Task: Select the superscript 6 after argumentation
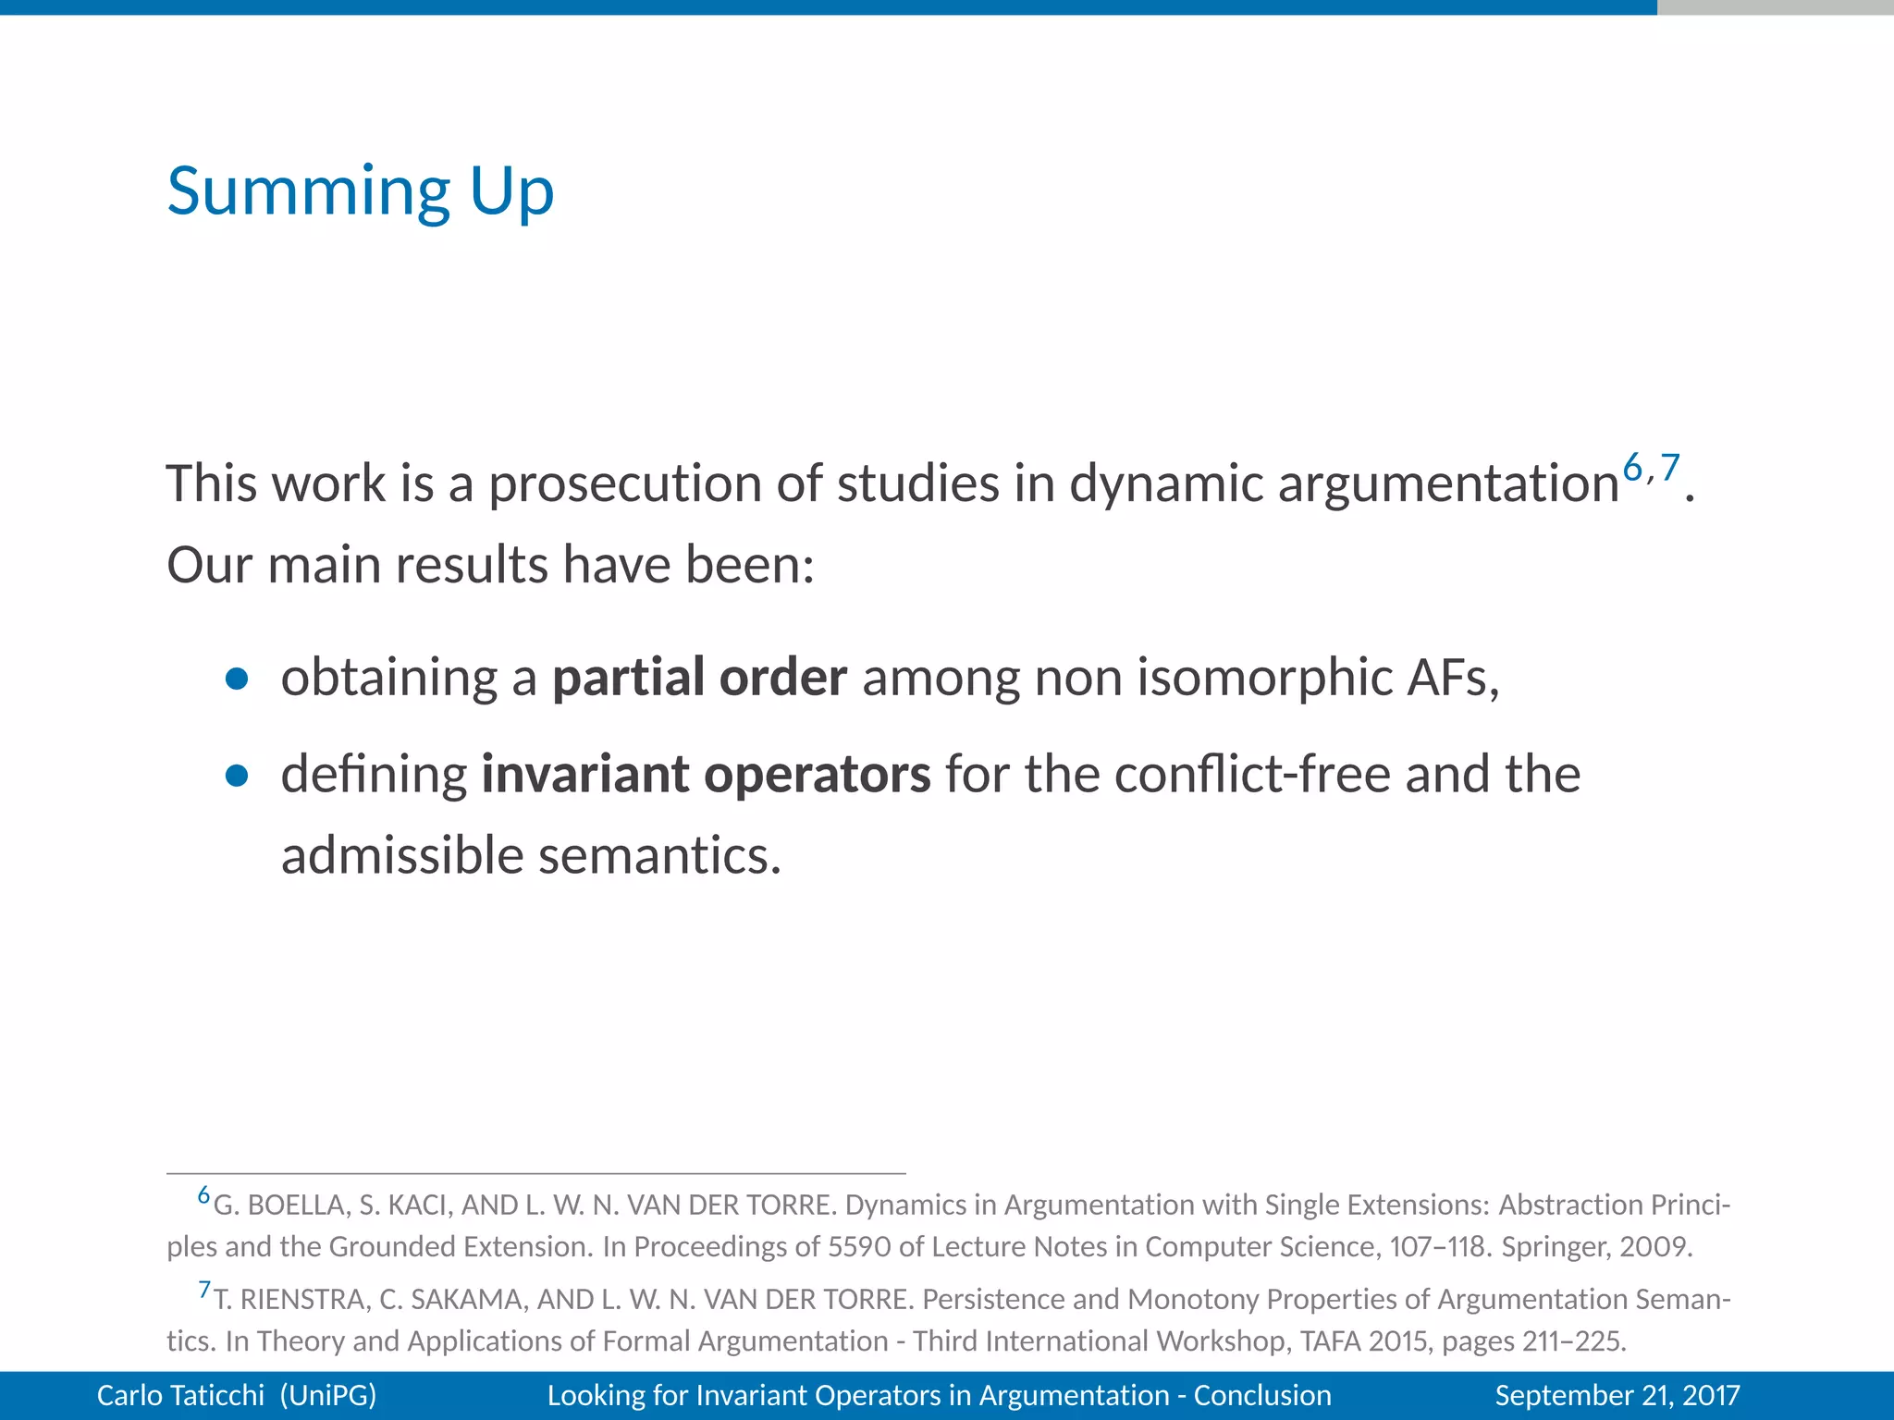point(1632,468)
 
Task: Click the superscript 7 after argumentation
point(1669,468)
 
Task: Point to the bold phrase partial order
point(699,677)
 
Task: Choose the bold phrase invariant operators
point(706,774)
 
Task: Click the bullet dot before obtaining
point(237,679)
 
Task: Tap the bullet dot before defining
point(237,777)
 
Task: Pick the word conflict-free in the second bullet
point(1252,774)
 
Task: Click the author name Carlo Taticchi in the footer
point(180,1395)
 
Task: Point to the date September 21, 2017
point(1617,1395)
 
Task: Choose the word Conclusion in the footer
point(1262,1395)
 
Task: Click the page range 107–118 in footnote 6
point(1439,1247)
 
